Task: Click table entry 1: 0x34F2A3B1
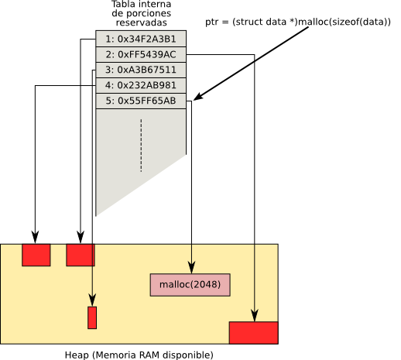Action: coord(141,39)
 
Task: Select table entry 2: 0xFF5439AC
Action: coord(141,54)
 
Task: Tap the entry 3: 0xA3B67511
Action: coord(141,70)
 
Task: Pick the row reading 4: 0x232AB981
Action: coord(141,85)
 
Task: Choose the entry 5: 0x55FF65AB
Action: coord(141,101)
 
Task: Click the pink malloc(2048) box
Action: coord(190,285)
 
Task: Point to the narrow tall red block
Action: coord(92,317)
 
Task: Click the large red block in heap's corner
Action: coord(254,333)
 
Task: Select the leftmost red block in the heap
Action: coord(36,255)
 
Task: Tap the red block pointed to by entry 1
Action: coord(81,255)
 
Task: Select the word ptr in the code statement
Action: coord(211,22)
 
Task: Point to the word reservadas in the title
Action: coord(142,22)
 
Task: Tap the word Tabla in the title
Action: coord(122,4)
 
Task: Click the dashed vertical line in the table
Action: coord(141,146)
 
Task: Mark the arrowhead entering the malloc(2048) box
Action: coord(191,267)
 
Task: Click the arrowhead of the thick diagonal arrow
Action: coord(199,97)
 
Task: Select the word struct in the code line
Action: coord(249,22)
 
